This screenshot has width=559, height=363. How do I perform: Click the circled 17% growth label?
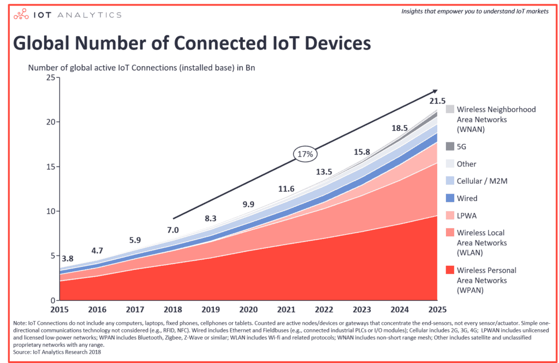pyautogui.click(x=304, y=154)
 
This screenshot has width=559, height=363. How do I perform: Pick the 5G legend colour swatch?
pyautogui.click(x=450, y=146)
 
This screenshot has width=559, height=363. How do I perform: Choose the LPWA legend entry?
pyautogui.click(x=467, y=216)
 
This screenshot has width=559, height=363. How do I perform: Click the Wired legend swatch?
pyautogui.click(x=450, y=198)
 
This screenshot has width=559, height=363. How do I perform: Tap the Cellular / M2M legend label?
pyautogui.click(x=483, y=181)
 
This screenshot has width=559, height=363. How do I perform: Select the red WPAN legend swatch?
pyautogui.click(x=450, y=270)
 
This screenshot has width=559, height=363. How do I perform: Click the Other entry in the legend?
pyautogui.click(x=466, y=164)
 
